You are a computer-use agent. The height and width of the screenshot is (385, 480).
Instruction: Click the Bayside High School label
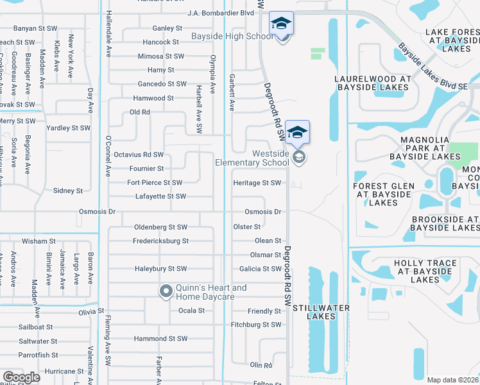232,36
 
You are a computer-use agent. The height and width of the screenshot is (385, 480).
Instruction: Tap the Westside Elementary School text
252,157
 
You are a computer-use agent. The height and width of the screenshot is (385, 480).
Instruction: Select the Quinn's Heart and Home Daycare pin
166,292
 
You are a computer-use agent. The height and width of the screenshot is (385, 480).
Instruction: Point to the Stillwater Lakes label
321,312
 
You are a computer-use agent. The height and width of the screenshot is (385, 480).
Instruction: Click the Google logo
21,377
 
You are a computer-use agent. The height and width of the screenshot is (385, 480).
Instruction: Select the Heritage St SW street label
257,183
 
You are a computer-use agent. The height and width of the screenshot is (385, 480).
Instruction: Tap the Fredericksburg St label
162,241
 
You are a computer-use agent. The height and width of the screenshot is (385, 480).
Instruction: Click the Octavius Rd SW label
138,155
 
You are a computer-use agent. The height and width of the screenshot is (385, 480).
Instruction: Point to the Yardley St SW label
68,128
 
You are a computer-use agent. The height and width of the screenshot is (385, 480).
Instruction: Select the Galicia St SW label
261,269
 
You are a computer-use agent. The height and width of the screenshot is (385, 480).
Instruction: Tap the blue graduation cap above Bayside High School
281,24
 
